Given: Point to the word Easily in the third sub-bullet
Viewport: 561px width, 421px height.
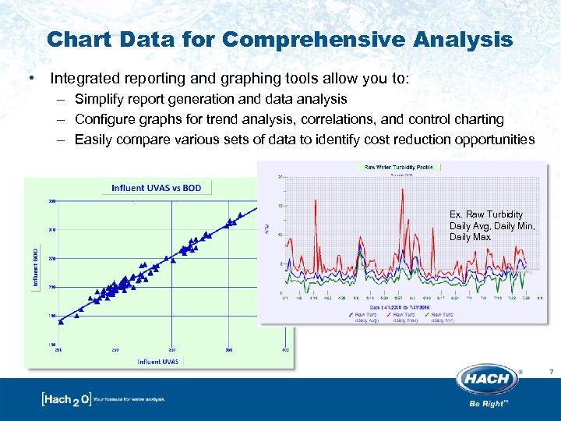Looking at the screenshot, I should (93, 140).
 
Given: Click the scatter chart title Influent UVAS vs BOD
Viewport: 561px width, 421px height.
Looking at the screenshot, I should (156, 188).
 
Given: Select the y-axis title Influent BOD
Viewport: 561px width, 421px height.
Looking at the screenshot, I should (35, 267).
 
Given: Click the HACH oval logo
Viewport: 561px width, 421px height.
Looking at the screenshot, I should (489, 380).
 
